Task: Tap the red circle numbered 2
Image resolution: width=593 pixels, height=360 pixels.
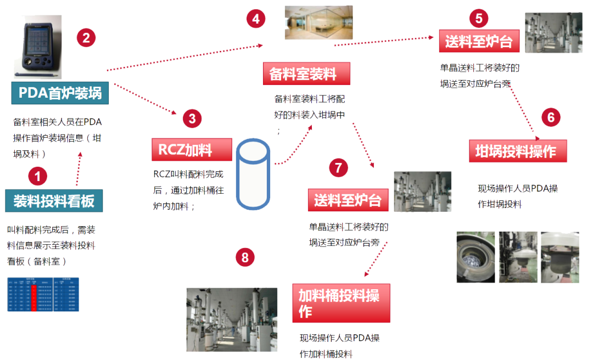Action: click(x=86, y=38)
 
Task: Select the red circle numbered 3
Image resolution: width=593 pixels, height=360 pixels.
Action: click(x=192, y=119)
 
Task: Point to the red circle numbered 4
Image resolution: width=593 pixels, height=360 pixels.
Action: click(x=256, y=19)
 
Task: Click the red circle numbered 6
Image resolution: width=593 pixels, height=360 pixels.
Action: click(x=551, y=117)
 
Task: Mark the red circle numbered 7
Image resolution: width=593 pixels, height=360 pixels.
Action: click(x=338, y=167)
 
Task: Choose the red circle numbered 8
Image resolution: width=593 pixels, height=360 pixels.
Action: click(x=245, y=257)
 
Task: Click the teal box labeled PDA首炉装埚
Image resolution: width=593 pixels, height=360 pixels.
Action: click(x=60, y=93)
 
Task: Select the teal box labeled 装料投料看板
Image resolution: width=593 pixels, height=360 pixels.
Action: click(x=54, y=201)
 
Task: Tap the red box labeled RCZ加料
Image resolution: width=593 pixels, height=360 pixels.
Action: click(x=189, y=149)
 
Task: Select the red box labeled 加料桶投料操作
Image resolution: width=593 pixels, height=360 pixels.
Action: click(x=341, y=303)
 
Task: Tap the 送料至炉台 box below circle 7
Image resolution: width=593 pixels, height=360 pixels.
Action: click(x=348, y=200)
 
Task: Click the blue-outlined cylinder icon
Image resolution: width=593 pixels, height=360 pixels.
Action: click(x=253, y=173)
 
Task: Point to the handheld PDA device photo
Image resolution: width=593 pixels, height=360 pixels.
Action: click(x=37, y=47)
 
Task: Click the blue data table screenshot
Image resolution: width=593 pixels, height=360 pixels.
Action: click(x=43, y=294)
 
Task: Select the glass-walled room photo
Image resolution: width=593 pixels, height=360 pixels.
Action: click(x=318, y=22)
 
